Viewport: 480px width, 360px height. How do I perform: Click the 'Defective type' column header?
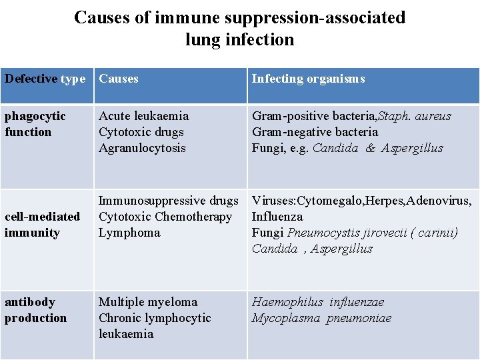45,79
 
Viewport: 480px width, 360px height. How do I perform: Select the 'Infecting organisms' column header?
308,79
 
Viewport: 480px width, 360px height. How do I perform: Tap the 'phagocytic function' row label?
35,124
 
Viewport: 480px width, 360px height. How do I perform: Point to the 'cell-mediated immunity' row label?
42,225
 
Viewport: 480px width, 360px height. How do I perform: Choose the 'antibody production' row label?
35,310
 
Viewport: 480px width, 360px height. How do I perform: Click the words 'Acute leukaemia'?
143,116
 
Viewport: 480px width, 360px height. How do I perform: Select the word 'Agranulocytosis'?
142,148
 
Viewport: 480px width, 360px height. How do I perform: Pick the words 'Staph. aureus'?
415,116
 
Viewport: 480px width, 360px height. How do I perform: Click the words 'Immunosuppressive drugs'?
168,201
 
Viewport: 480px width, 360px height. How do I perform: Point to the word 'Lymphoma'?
129,233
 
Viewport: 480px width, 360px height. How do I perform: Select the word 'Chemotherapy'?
193,217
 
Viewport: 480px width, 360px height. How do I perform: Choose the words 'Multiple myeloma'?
148,302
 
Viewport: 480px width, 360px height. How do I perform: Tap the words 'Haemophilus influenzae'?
317,302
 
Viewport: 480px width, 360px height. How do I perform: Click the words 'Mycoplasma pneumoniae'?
321,318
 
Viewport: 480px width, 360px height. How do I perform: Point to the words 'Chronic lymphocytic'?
155,318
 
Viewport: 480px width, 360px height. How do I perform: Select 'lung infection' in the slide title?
239,39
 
